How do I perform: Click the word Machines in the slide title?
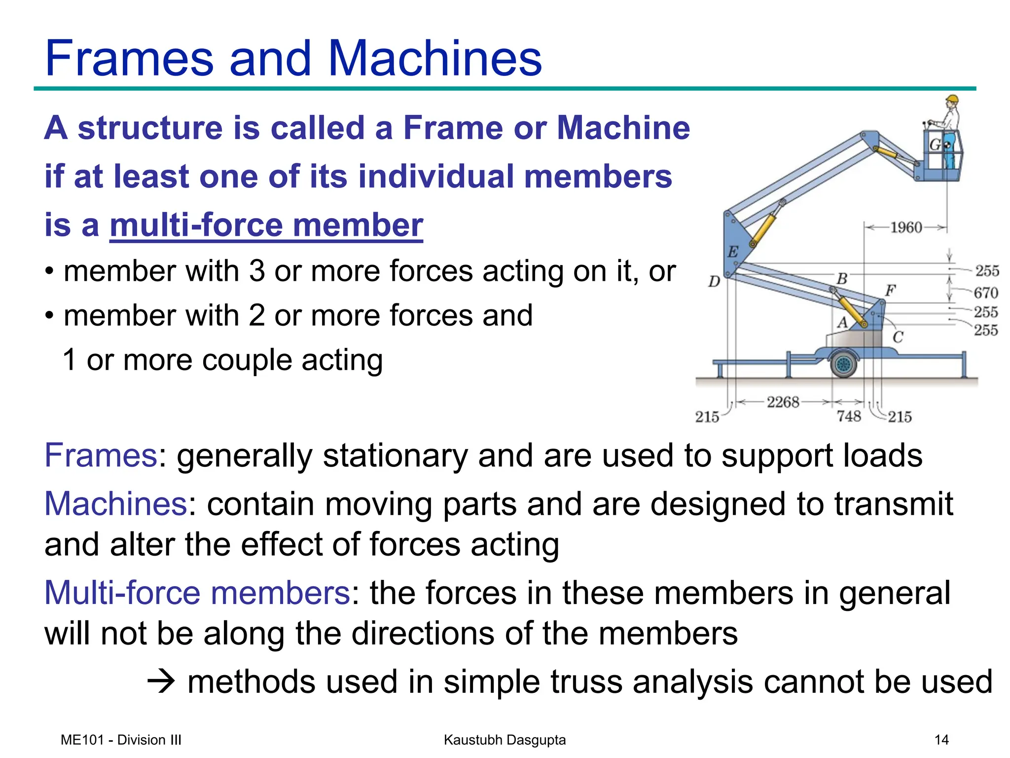click(434, 59)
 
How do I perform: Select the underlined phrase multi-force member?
click(266, 225)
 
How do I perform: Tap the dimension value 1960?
click(906, 227)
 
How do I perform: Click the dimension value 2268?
click(783, 402)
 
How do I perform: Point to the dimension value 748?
click(849, 417)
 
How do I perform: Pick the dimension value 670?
click(986, 293)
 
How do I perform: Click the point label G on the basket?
click(935, 145)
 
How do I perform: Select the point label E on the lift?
click(733, 252)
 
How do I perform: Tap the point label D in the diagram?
click(714, 282)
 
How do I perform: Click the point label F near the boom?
click(890, 290)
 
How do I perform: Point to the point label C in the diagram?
click(898, 337)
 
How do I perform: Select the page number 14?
click(941, 740)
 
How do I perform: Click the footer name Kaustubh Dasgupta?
click(505, 740)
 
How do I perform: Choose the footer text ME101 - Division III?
click(121, 740)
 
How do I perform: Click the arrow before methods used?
click(161, 682)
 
